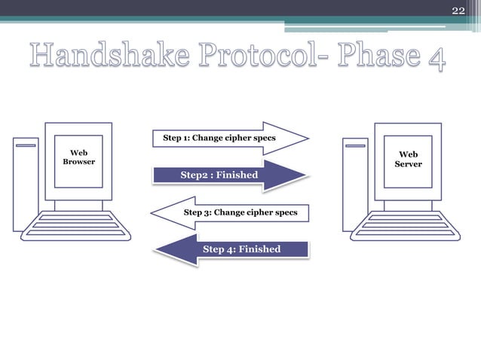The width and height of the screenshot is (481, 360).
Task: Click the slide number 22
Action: (x=458, y=10)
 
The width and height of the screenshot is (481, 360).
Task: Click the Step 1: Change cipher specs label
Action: (x=219, y=139)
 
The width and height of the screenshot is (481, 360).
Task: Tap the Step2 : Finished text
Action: (x=219, y=175)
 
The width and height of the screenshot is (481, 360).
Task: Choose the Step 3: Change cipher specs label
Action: (x=240, y=212)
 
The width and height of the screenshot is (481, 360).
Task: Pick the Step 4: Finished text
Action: (x=241, y=249)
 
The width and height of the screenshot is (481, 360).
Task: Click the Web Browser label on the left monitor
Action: (x=78, y=158)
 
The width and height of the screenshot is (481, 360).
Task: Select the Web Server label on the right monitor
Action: (x=408, y=160)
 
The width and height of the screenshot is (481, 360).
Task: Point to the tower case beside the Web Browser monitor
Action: (x=26, y=184)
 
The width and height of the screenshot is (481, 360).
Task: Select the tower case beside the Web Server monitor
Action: (x=355, y=184)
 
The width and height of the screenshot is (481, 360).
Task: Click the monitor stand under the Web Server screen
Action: (x=408, y=205)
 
